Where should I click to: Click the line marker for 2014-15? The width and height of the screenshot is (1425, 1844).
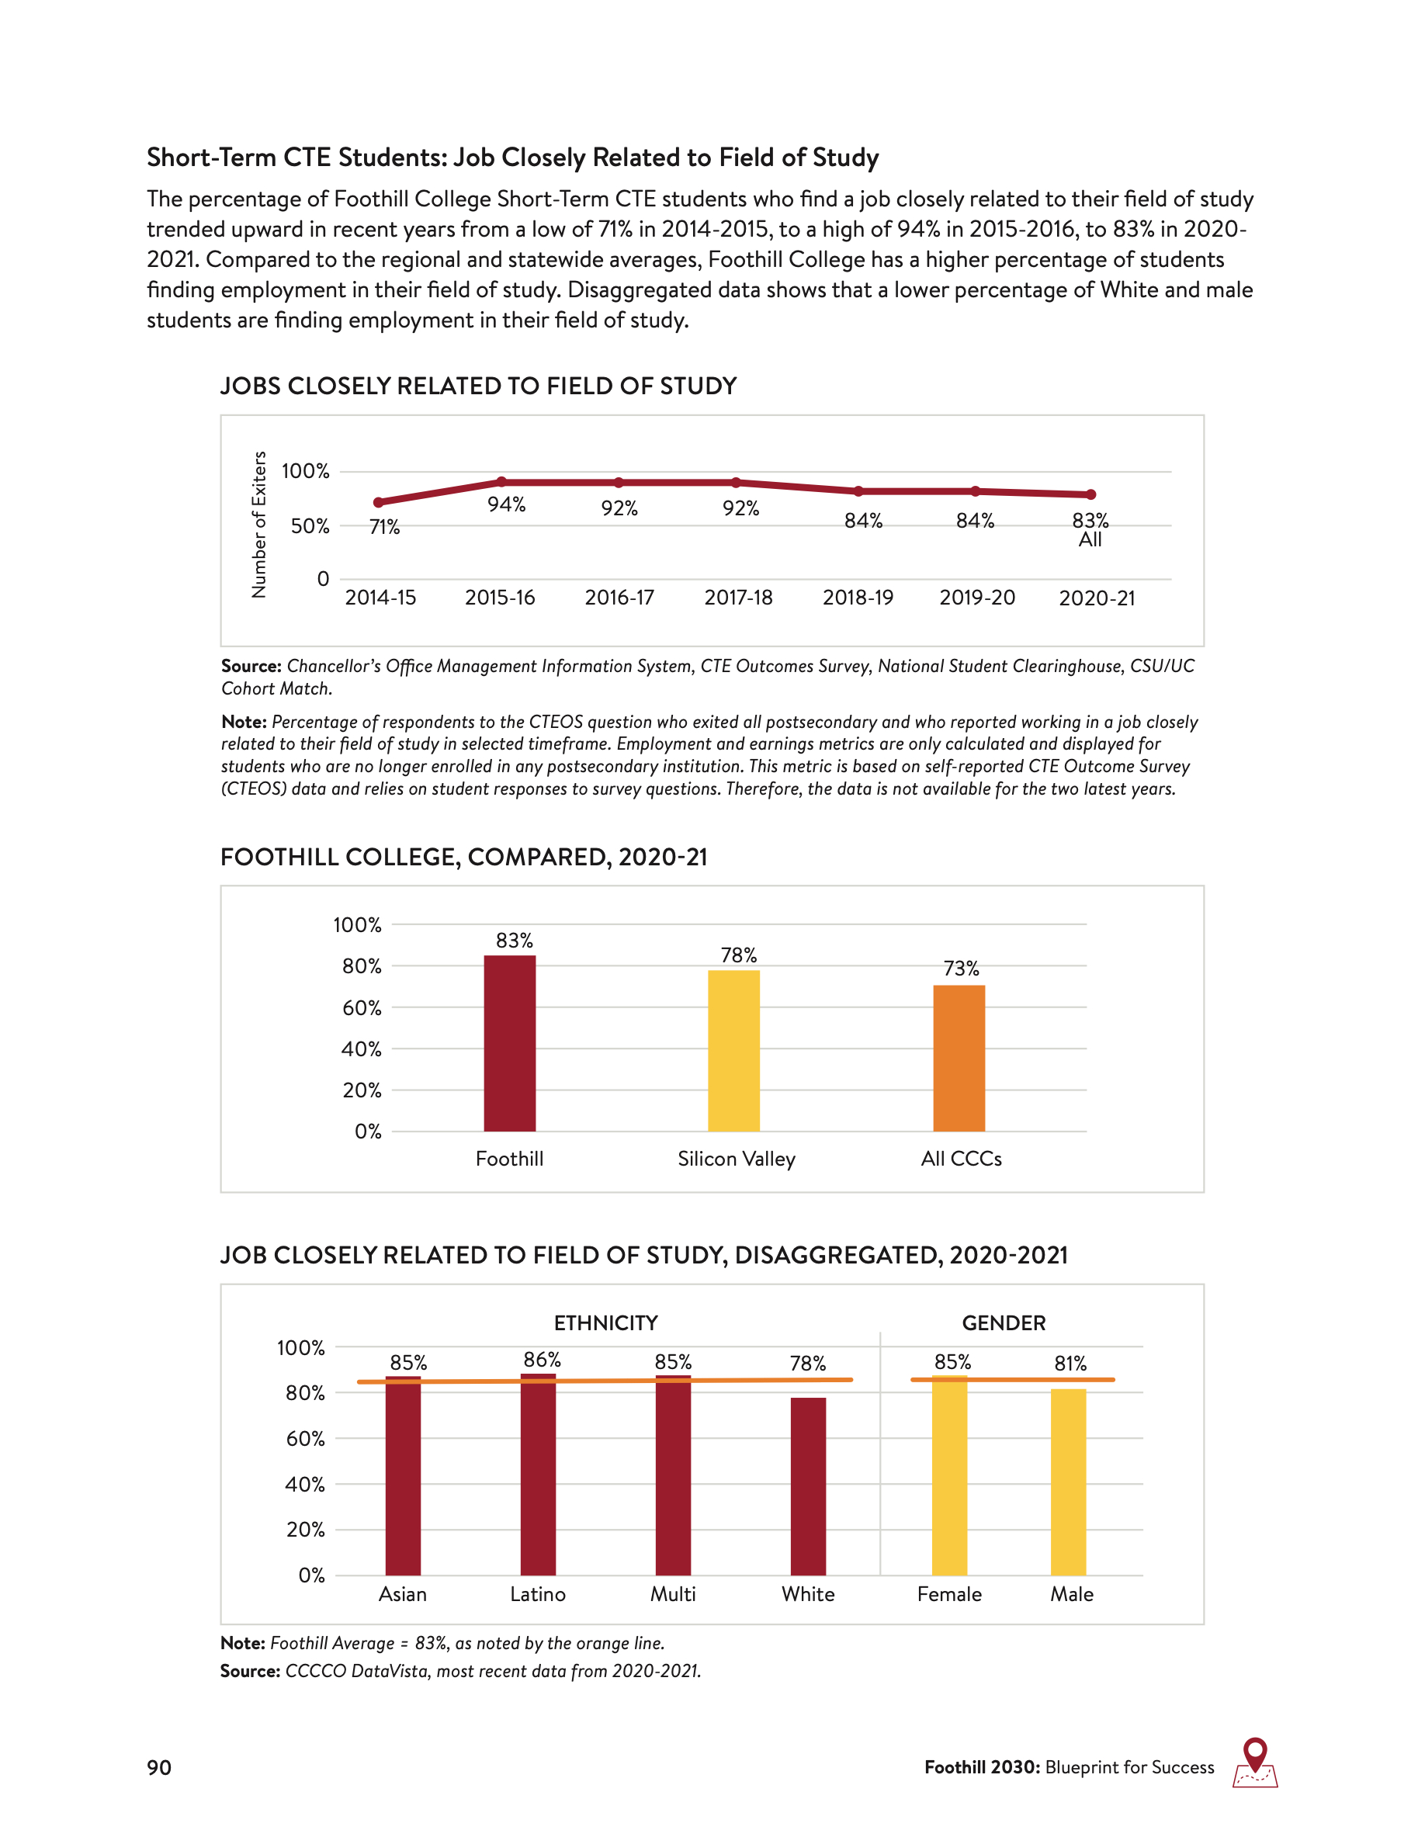pos(378,502)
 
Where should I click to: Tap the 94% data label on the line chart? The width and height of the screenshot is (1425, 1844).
pos(507,505)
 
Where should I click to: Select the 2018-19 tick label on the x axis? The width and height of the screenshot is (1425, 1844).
pos(858,598)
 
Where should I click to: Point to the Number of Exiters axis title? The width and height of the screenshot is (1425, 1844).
pos(259,525)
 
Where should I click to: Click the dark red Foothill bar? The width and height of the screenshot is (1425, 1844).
pos(510,1044)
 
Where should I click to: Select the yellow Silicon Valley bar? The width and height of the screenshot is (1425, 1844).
pos(733,1051)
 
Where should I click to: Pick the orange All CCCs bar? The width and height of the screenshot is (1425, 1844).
pos(959,1058)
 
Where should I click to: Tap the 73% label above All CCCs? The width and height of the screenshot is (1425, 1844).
pos(961,969)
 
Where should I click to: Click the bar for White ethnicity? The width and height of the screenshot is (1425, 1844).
pos(808,1486)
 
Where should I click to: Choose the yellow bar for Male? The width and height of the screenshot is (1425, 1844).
pos(1068,1482)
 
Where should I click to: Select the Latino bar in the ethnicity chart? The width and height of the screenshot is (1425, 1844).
pos(538,1475)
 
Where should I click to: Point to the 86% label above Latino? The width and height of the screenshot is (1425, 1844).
pos(542,1360)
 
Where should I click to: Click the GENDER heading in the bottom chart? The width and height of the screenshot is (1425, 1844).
pos(1004,1323)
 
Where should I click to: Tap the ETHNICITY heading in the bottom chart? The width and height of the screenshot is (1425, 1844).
pos(605,1323)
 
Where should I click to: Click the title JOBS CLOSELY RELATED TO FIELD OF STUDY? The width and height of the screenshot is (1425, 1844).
pos(478,386)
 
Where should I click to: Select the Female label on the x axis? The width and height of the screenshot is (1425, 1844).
pos(949,1594)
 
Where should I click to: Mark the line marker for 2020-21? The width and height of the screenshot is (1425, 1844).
pos(1090,495)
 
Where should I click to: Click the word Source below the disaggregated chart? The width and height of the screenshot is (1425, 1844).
pos(250,1671)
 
